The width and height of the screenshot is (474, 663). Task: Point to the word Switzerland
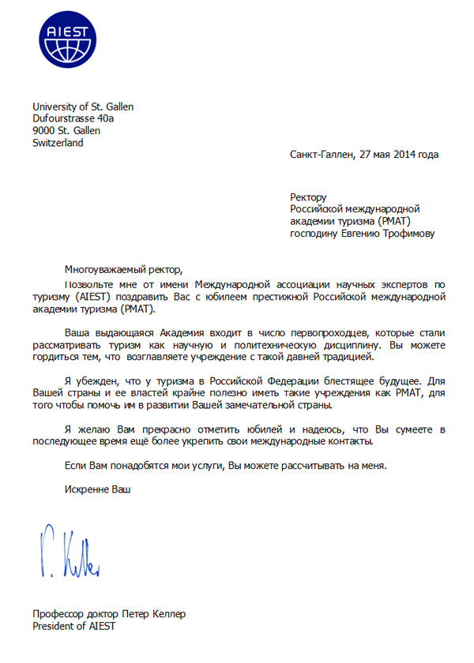(x=58, y=143)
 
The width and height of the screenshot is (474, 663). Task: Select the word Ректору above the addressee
(x=308, y=197)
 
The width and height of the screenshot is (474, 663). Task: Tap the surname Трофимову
(x=405, y=233)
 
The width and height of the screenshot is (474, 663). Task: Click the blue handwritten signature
(x=69, y=551)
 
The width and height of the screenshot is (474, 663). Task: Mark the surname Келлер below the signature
(x=170, y=614)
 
